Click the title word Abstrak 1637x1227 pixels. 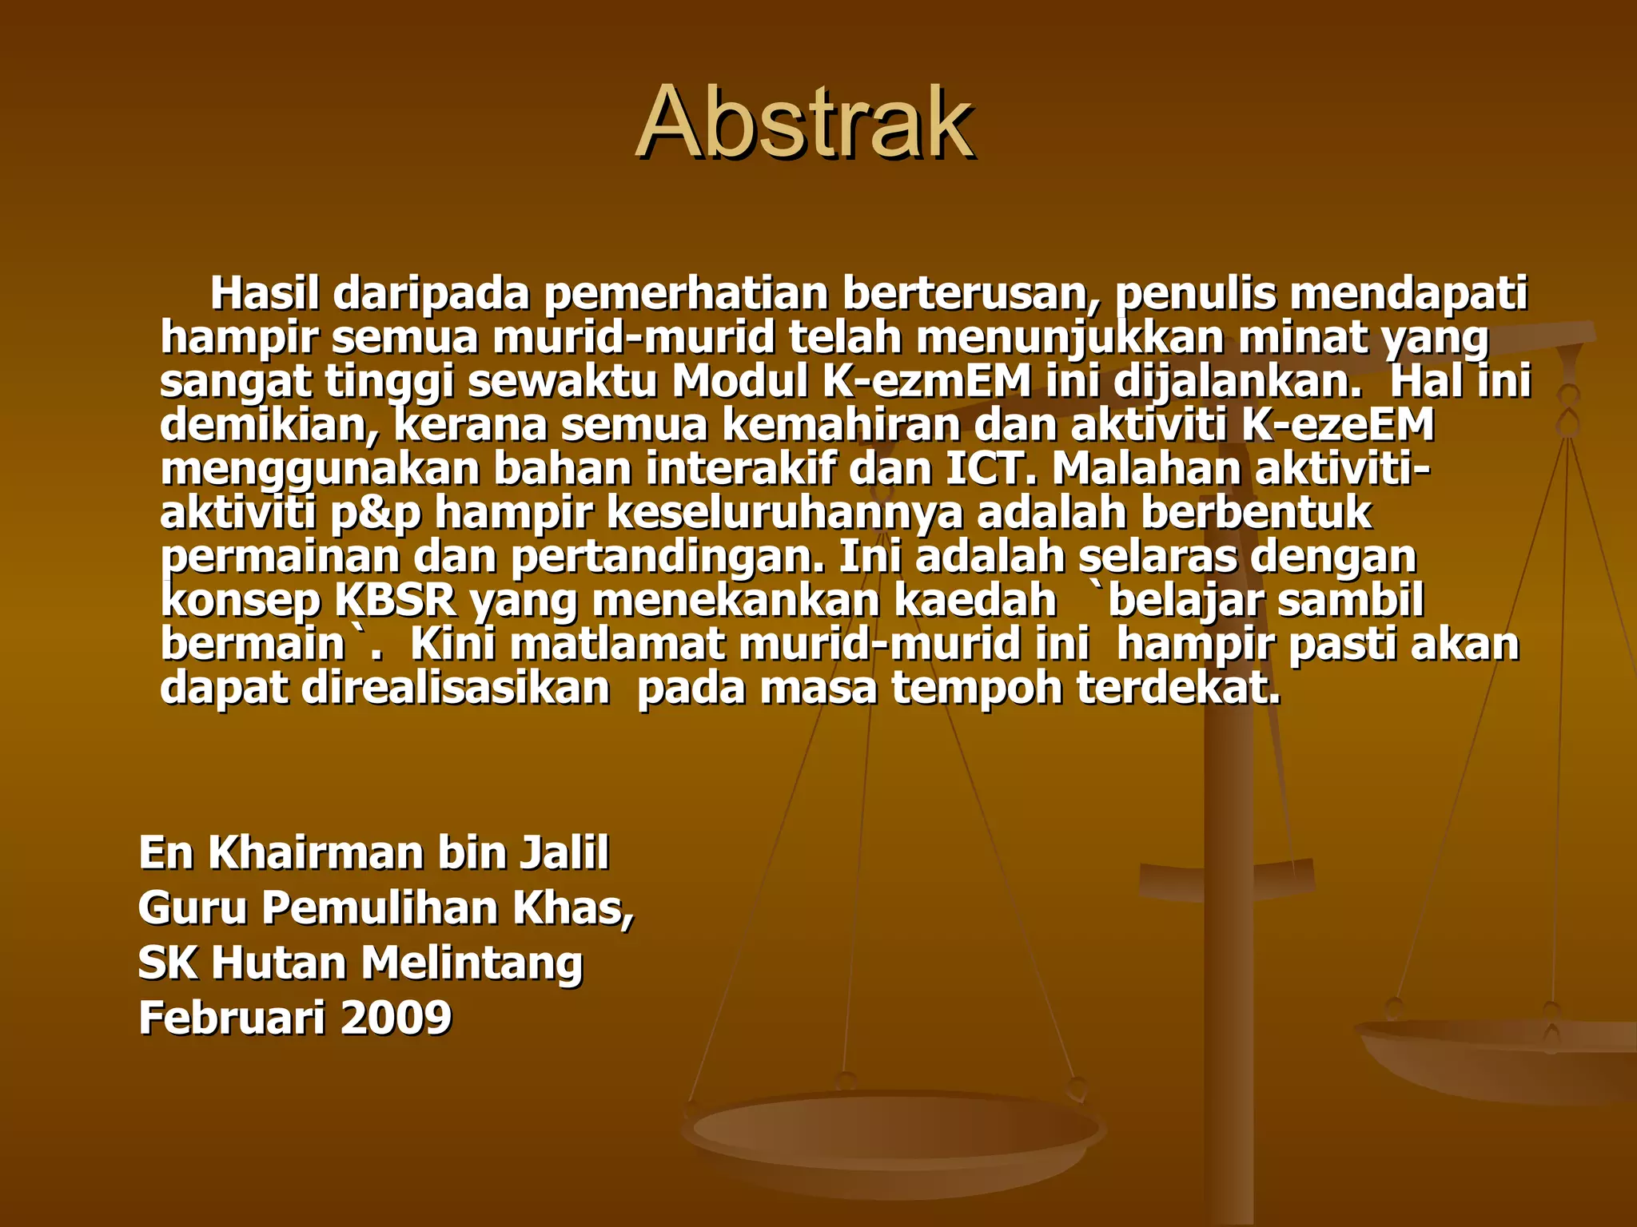806,123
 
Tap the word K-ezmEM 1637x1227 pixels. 926,381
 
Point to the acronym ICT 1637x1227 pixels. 990,469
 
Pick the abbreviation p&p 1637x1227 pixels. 375,514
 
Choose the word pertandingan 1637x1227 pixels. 667,558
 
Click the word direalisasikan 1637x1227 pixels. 456,688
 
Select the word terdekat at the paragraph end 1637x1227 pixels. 1178,688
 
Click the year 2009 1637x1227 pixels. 396,1018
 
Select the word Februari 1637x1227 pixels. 233,1018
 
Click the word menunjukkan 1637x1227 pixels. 1069,338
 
